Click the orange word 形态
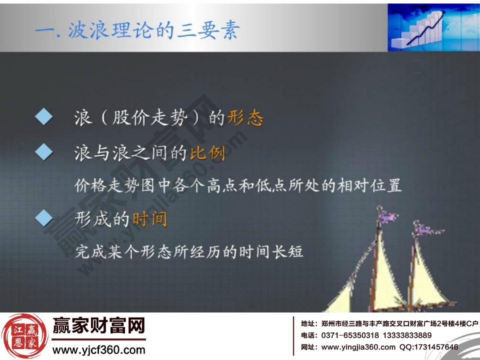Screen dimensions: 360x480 [x=245, y=118]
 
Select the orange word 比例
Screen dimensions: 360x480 [x=207, y=153]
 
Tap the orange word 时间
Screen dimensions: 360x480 [x=149, y=219]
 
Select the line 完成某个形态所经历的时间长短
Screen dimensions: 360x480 [x=189, y=251]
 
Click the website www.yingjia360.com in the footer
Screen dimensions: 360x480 [x=358, y=347]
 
